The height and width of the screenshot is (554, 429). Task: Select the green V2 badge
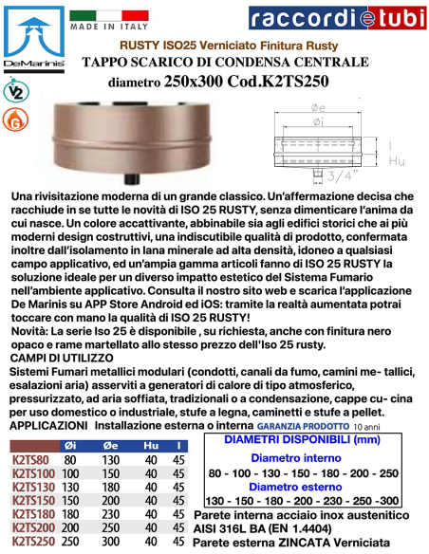[x=18, y=92]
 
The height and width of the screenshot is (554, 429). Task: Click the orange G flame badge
[x=18, y=121]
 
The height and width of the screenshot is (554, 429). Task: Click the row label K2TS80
[x=31, y=459]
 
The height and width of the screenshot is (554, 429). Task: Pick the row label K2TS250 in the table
[x=33, y=542]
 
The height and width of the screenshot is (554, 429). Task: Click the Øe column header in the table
[x=110, y=445]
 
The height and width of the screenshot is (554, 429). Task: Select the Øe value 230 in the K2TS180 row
[x=110, y=514]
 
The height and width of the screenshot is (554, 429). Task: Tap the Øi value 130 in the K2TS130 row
[x=70, y=487]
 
